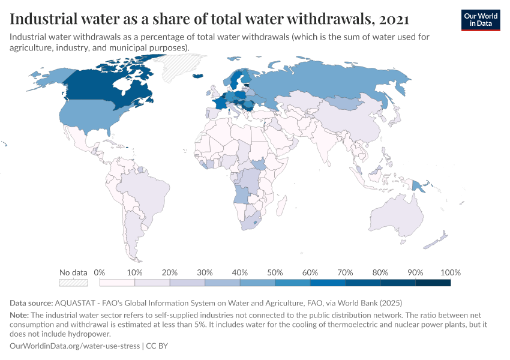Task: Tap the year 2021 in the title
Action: [394, 19]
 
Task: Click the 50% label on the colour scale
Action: [275, 272]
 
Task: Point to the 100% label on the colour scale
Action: [450, 272]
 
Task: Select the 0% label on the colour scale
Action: [100, 272]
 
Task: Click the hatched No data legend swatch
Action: [73, 283]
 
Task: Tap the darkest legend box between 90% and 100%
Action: [433, 283]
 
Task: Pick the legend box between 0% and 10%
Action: [117, 283]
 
